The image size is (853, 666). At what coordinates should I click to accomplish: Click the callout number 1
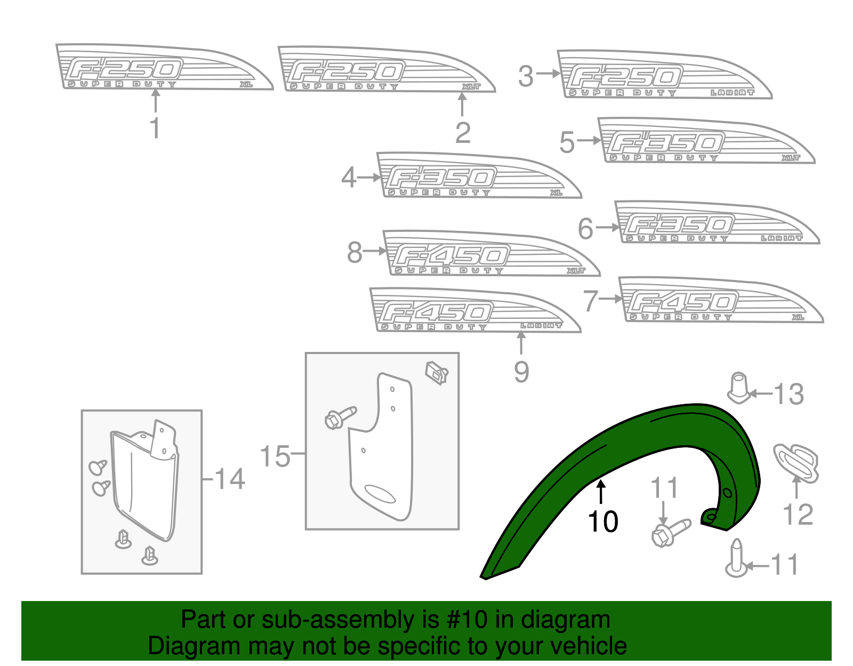click(155, 129)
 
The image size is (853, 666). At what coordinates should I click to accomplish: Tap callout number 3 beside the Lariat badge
click(526, 76)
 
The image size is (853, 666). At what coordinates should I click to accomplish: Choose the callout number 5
click(567, 142)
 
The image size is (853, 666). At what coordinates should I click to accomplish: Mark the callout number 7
click(590, 301)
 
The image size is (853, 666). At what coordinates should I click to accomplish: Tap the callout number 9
click(521, 372)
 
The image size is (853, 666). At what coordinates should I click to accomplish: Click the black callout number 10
click(602, 521)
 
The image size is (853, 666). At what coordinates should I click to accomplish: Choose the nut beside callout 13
click(739, 388)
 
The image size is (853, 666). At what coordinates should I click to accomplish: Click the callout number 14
click(230, 479)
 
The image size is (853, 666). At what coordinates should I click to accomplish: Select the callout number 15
click(275, 456)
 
